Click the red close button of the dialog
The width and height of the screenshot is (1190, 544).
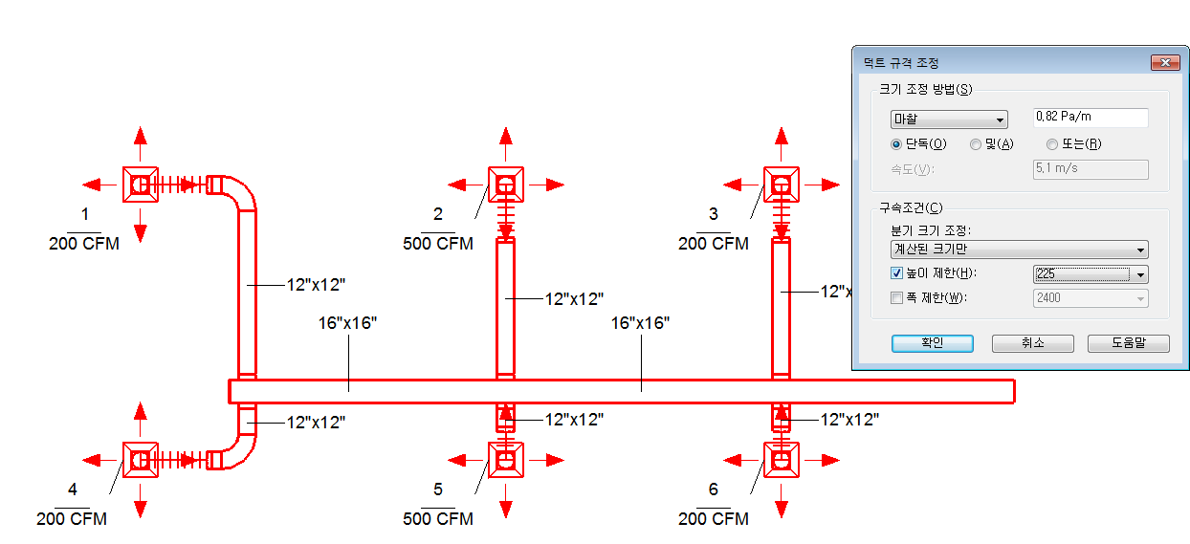coord(1165,63)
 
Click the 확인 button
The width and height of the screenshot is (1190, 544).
coord(933,343)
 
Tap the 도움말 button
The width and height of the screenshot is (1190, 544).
coord(1129,343)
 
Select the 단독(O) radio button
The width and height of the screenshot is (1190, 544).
coord(896,144)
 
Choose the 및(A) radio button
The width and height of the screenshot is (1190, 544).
coord(976,144)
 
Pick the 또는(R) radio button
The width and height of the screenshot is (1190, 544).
coord(1052,144)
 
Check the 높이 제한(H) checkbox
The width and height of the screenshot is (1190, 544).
coord(896,273)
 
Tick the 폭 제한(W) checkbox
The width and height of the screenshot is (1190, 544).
coord(896,297)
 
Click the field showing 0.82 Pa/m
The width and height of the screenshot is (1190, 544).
coord(1091,118)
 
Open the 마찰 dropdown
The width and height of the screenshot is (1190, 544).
coord(949,120)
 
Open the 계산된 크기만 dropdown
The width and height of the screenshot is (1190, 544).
coord(1019,250)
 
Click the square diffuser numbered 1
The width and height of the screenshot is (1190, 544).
coord(141,185)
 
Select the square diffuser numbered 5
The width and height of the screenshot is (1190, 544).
coord(506,460)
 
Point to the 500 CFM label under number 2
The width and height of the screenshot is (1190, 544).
coord(438,244)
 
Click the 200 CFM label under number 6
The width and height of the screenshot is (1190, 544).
coord(713,518)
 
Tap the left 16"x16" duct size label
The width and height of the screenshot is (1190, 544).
coord(347,323)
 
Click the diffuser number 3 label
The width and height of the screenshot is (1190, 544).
coord(713,214)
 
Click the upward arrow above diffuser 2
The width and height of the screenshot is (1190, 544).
coord(506,143)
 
